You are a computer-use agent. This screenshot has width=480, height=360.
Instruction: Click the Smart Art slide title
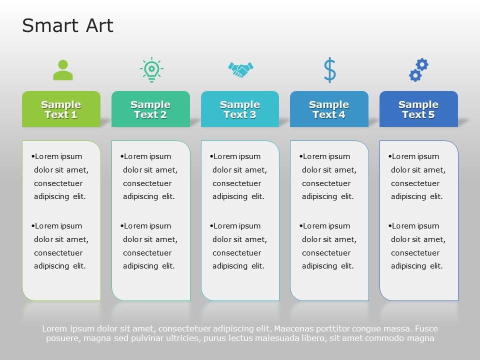(67, 26)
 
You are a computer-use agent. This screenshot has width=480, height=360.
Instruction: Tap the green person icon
(63, 70)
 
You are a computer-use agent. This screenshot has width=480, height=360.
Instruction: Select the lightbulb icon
(151, 70)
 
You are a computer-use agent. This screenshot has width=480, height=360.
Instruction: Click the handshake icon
(240, 69)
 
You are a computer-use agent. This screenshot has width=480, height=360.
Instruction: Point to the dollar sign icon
(329, 70)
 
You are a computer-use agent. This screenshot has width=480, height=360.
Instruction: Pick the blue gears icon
(418, 70)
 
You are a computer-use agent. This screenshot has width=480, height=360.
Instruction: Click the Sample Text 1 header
(61, 109)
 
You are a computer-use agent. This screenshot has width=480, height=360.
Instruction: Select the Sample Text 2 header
(150, 109)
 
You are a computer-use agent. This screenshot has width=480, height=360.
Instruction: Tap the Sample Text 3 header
(240, 109)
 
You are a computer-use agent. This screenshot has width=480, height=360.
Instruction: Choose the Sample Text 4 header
(329, 109)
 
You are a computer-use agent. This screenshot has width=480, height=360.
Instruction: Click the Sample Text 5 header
(418, 109)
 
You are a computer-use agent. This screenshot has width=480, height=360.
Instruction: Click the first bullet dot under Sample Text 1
(33, 156)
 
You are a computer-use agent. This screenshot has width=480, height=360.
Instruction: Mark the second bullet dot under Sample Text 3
(211, 226)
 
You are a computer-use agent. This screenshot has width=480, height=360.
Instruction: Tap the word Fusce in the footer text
(426, 329)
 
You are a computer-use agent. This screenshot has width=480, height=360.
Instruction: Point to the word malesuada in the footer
(267, 338)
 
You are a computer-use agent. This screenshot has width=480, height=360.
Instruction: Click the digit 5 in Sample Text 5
(432, 114)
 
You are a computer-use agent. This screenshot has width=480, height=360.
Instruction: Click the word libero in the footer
(311, 338)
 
